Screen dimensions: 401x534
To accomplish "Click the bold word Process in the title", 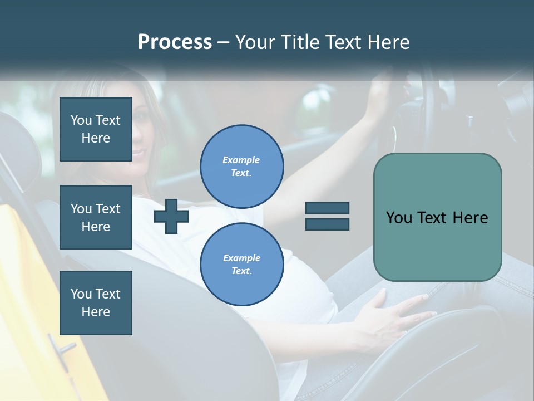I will click(x=175, y=42).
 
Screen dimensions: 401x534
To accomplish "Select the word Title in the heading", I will click(x=301, y=42).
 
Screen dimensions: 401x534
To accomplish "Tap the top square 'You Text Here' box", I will click(x=96, y=129).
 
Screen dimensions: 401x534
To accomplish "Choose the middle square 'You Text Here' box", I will click(x=96, y=217).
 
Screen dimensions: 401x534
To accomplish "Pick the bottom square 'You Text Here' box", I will click(x=96, y=302).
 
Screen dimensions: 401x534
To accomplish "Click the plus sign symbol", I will click(x=171, y=216).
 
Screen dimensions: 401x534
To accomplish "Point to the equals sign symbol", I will click(x=327, y=216).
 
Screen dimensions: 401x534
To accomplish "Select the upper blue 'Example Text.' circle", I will click(x=241, y=166).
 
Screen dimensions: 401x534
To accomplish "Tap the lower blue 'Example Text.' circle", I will click(x=241, y=264).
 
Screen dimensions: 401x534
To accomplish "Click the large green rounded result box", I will click(x=437, y=217).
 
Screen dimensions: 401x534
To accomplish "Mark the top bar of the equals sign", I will click(x=327, y=208).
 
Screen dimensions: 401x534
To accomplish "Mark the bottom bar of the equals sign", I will click(x=327, y=224).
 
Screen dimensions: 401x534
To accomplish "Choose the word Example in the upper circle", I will click(x=241, y=160).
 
